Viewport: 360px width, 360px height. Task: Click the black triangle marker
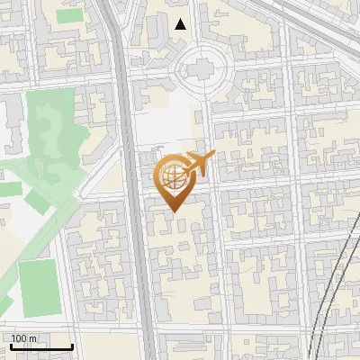coord(181,24)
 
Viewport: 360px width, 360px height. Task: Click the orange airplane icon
coord(199,164)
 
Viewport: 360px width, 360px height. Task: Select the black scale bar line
coord(41,346)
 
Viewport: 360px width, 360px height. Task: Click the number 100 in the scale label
coord(19,338)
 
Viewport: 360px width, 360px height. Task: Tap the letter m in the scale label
coord(33,338)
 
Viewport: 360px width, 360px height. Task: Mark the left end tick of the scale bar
coord(9,345)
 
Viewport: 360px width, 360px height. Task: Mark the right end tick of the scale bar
coord(73,345)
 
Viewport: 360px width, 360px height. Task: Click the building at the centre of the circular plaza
coord(200,67)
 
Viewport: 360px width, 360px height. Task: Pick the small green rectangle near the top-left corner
coord(66,16)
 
